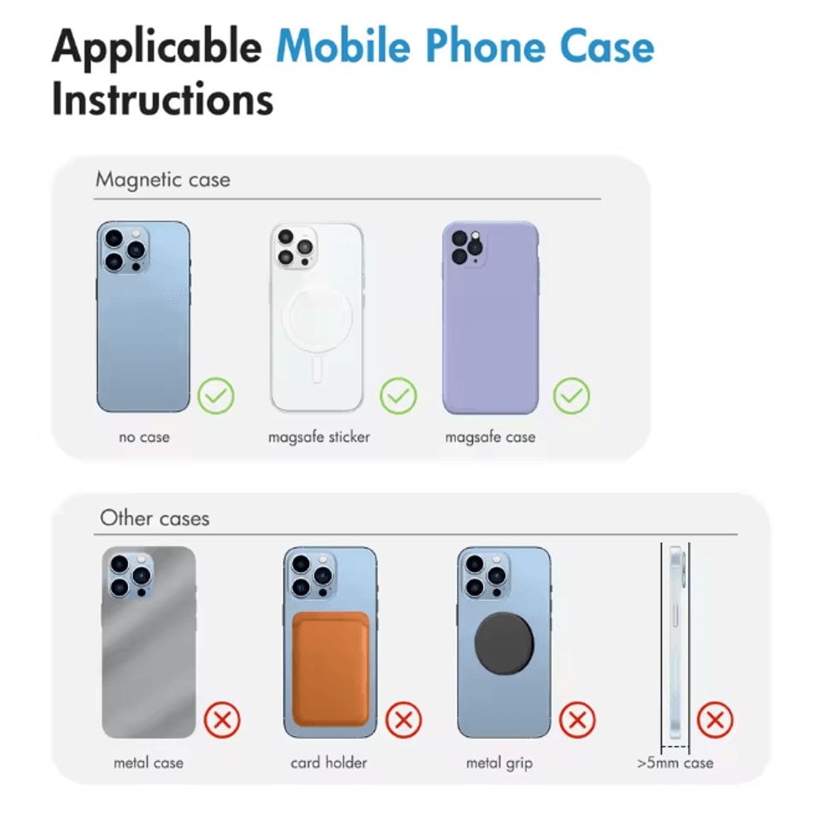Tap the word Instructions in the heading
click(162, 99)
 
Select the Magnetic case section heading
click(163, 179)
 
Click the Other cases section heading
click(155, 518)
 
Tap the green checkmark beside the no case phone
click(216, 396)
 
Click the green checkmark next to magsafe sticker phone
click(398, 396)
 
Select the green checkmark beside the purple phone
click(572, 396)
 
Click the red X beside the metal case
click(222, 720)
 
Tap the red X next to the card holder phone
click(403, 720)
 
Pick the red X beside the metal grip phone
click(578, 720)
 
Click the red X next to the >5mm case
click(715, 720)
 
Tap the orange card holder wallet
click(331, 669)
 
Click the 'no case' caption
click(144, 437)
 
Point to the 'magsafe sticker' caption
click(319, 437)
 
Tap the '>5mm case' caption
click(675, 763)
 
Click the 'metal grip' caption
click(499, 763)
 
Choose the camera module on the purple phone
click(466, 247)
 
